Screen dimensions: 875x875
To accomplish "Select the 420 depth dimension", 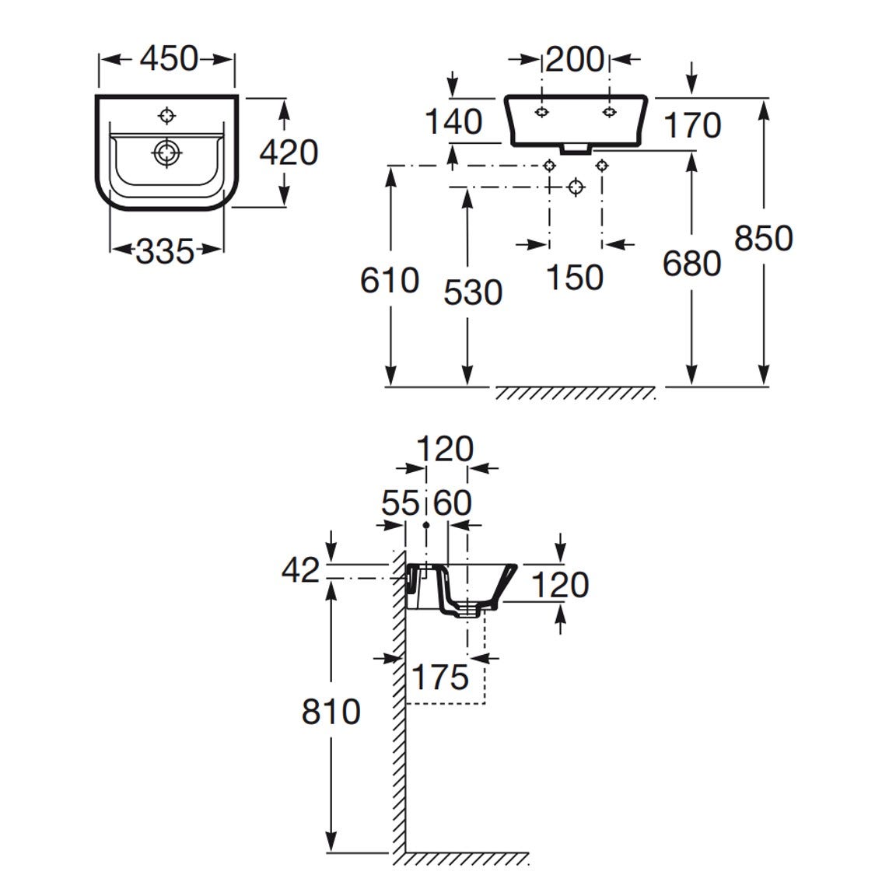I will [x=289, y=152].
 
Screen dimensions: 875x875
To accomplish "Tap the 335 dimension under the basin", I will [x=164, y=250].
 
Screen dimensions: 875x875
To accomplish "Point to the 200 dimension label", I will [x=574, y=59].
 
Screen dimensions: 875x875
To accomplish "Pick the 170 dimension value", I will [x=692, y=124].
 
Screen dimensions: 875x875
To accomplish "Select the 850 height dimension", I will [x=763, y=237].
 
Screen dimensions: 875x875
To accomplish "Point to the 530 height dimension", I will [x=473, y=292].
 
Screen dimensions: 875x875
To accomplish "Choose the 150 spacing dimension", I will [x=574, y=277].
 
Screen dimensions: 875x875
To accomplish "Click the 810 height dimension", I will [x=331, y=711].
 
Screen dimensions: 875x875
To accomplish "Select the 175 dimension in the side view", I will [x=440, y=677].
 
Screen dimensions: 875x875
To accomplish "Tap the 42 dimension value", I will [x=300, y=571].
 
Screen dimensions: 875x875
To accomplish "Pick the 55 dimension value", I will [x=400, y=503].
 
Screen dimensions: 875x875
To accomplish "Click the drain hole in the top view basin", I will [x=166, y=153].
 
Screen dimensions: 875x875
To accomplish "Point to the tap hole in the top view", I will [x=166, y=116].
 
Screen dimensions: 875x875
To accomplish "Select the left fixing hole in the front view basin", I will [x=541, y=112].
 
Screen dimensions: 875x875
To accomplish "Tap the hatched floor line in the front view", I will [x=576, y=393].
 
